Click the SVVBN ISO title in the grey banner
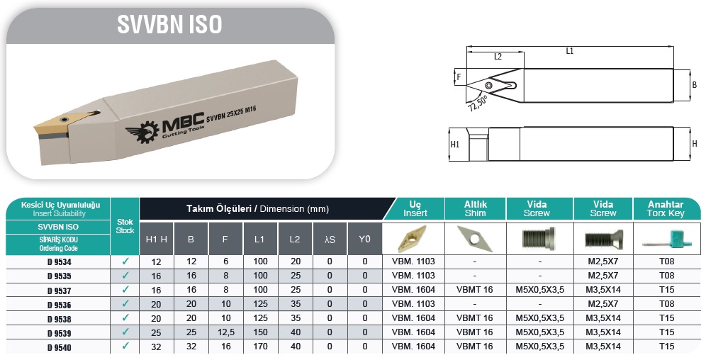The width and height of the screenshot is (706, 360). pos(169,24)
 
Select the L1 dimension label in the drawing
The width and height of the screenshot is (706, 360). pos(570,51)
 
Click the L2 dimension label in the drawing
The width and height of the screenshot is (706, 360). pos(498,57)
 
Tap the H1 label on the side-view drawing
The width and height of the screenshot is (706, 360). pos(455,145)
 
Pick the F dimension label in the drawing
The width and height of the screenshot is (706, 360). pos(459,77)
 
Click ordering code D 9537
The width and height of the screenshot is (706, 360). pos(60,291)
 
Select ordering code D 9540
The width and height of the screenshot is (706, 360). pos(60,347)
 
